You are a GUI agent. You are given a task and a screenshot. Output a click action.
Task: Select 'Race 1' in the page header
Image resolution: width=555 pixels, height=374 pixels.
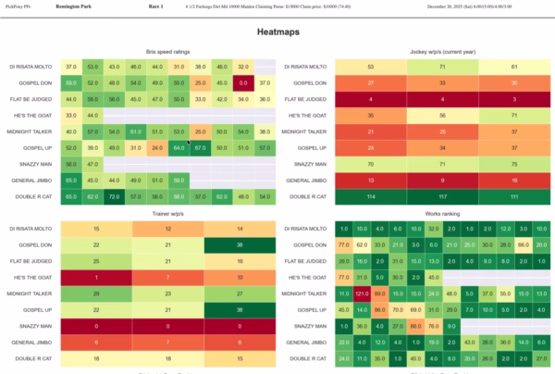154,6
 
